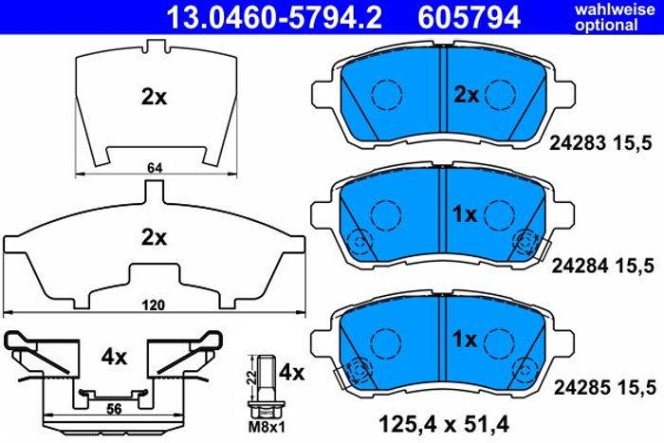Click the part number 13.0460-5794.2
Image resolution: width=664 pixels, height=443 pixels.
(274, 17)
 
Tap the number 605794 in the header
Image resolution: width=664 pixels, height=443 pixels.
(469, 17)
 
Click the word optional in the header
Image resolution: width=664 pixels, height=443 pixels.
(606, 26)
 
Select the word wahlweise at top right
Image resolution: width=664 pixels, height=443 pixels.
(615, 9)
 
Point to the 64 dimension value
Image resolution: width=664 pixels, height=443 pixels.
(155, 168)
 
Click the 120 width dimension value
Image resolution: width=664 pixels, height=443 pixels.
(153, 305)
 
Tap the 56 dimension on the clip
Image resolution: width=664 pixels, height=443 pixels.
(114, 409)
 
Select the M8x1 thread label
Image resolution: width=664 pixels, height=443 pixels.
(267, 427)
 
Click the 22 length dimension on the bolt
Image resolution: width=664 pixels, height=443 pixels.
(251, 378)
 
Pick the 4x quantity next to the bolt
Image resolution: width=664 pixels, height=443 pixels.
(292, 373)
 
